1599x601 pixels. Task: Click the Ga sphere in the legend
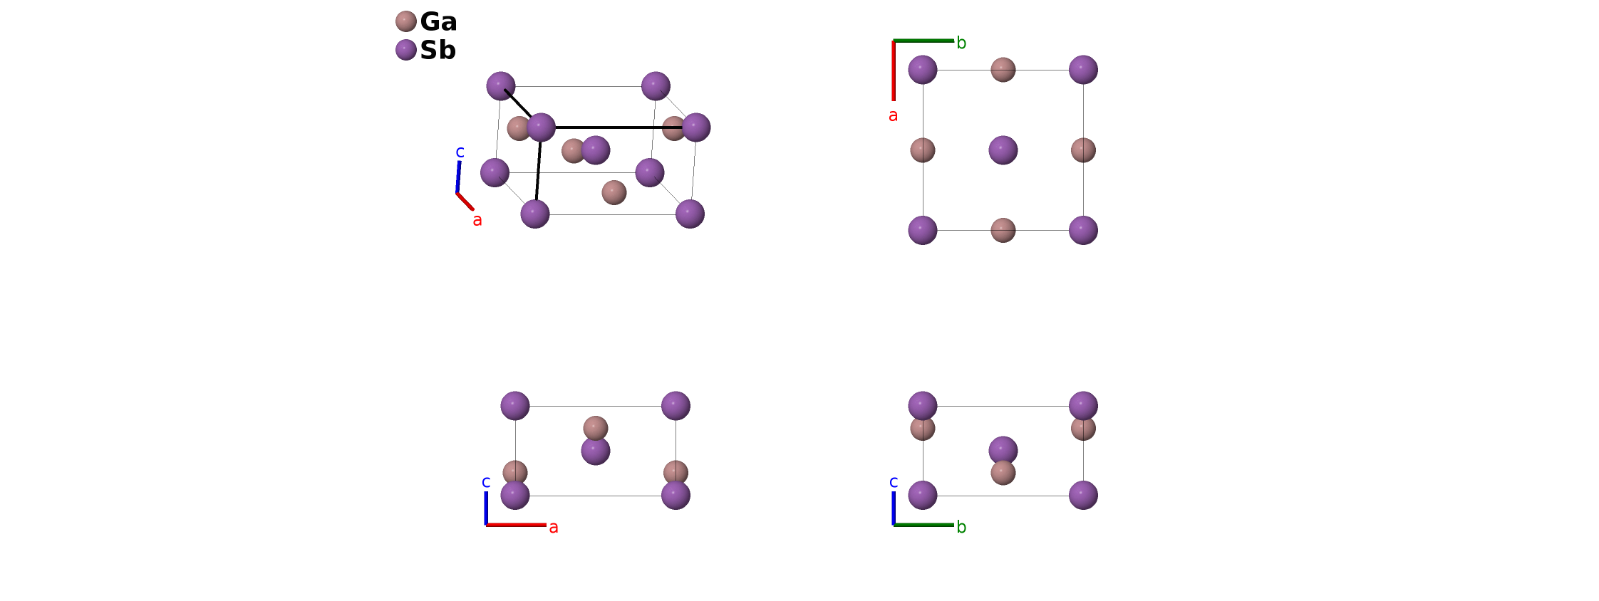405,21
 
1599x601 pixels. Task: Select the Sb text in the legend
438,51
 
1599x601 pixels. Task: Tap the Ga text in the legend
438,22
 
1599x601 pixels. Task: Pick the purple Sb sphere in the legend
405,50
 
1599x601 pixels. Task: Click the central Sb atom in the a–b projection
1003,150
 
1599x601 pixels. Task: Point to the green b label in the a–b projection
961,43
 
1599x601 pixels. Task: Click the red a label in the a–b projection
893,115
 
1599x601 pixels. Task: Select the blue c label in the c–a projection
486,482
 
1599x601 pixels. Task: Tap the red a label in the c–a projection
553,528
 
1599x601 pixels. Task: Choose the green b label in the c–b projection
961,528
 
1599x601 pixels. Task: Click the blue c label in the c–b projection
894,482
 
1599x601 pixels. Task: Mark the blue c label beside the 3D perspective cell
460,152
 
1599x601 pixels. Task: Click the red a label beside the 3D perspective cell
477,221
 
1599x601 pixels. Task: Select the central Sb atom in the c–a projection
596,451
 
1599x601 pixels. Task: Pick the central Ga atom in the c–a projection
596,427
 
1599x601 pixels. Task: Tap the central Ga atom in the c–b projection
1003,474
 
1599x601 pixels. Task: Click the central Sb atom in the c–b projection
1003,449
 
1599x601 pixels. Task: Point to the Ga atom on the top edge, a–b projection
1003,70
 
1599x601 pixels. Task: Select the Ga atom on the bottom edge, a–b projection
1003,230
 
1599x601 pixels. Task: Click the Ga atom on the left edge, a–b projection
923,150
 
